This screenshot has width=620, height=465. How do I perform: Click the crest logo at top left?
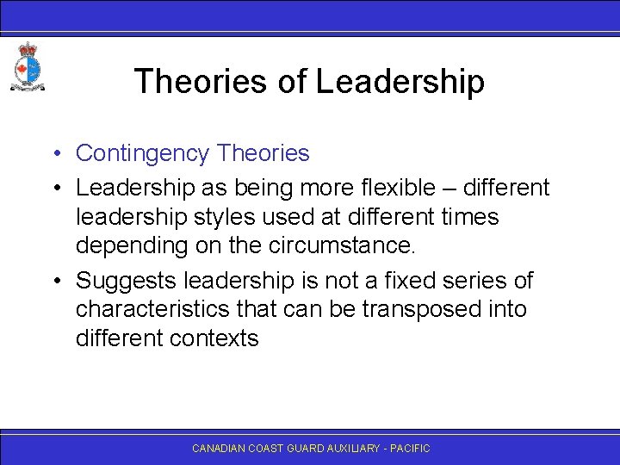(28, 66)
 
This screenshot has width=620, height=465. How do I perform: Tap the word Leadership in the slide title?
(400, 82)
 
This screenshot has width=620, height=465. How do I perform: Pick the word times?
(470, 216)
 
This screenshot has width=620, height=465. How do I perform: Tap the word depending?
(131, 245)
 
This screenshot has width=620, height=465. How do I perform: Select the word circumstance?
(342, 245)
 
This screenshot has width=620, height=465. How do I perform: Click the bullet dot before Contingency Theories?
(53, 154)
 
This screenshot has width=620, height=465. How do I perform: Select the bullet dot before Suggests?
(53, 282)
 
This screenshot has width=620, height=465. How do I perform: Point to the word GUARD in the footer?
(309, 449)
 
